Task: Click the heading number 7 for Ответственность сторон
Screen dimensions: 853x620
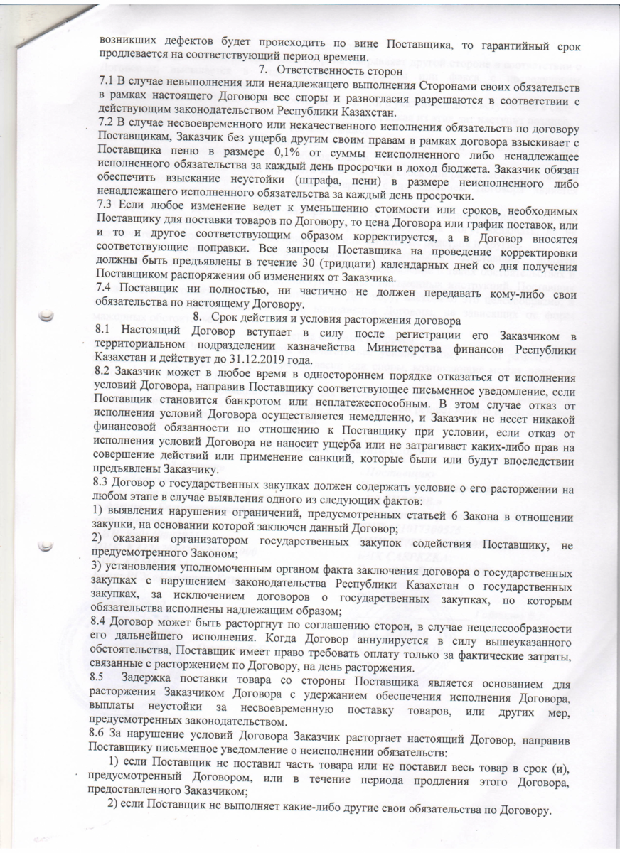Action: [x=262, y=70]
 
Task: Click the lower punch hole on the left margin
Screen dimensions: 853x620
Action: [x=46, y=546]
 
